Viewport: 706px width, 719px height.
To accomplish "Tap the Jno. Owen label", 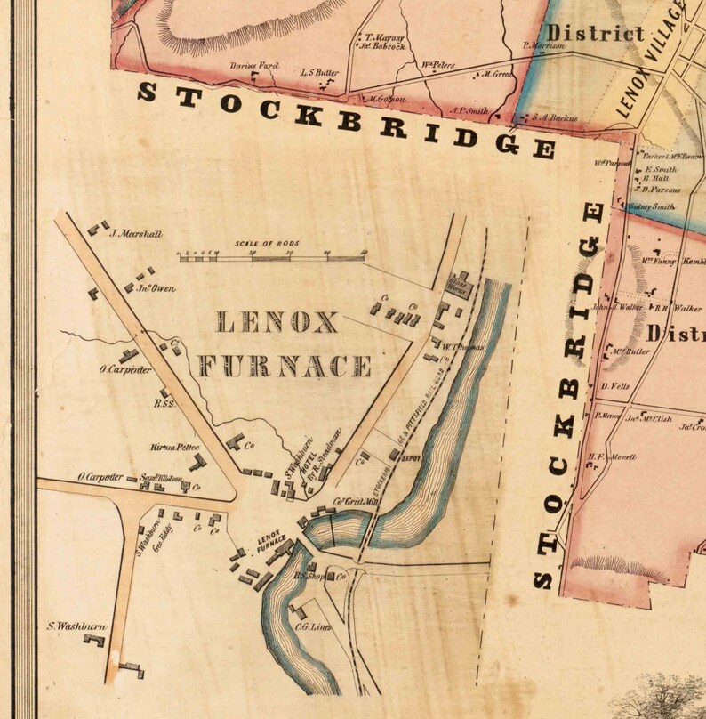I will pos(156,288).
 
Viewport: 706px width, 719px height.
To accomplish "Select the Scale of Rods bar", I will pos(272,255).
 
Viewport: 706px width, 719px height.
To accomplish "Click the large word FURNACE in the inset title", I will pos(285,366).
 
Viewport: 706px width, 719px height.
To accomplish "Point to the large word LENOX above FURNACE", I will pos(277,321).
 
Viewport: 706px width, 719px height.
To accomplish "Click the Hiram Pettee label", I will pos(175,448).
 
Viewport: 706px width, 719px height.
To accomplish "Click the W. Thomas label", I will pos(464,346).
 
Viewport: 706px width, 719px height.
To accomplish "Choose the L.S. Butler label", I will pos(321,70).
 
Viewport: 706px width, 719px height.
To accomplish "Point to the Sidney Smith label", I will pos(646,206).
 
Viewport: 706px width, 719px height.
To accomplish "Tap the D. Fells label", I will pos(614,387).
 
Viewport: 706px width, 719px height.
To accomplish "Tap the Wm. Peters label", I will pos(438,64).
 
